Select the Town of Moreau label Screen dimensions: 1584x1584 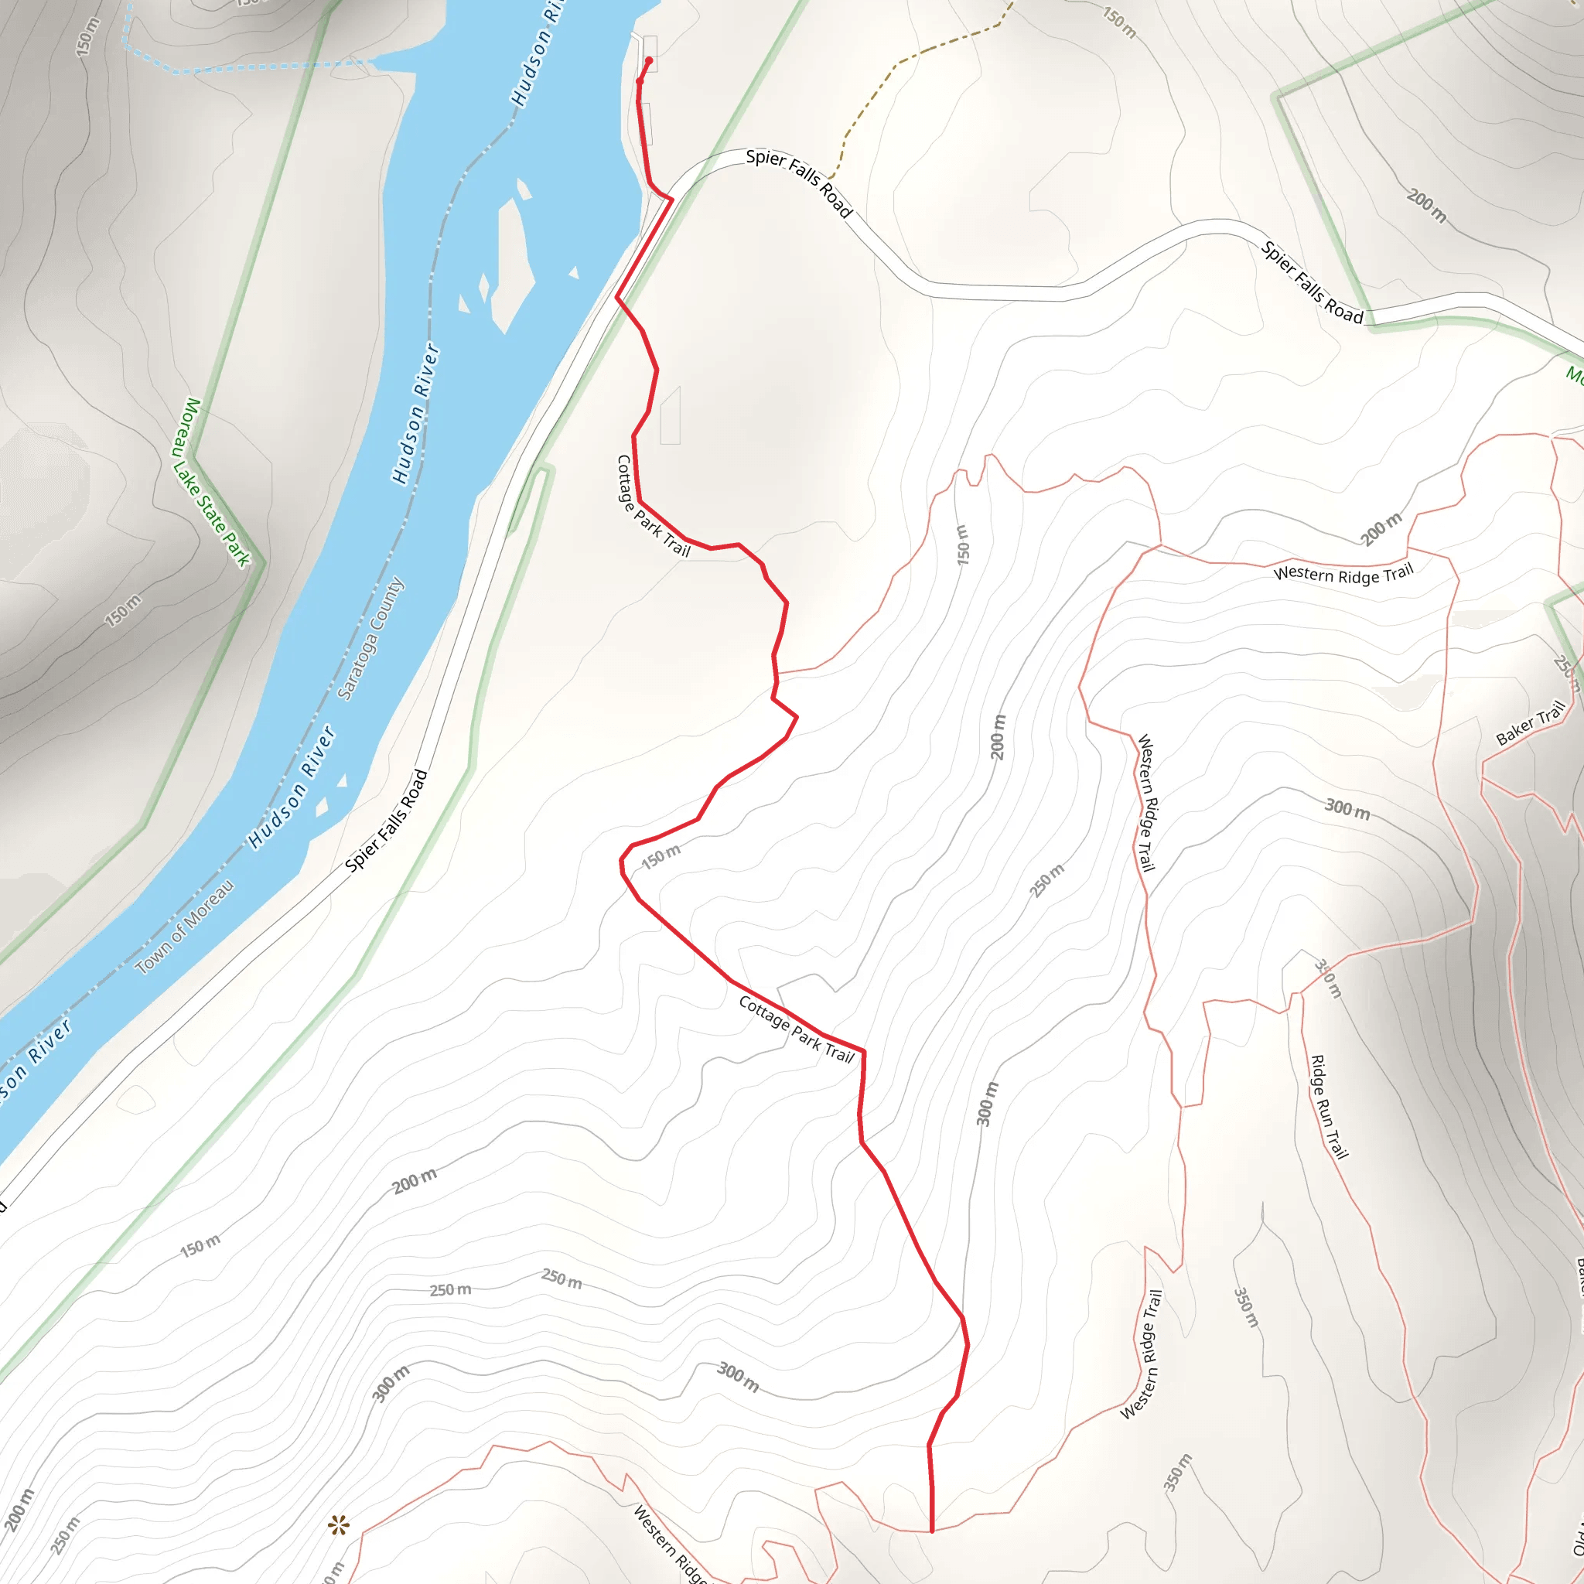click(185, 927)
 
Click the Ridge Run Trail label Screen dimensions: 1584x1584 click(1328, 1107)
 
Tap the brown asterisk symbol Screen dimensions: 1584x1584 click(339, 1526)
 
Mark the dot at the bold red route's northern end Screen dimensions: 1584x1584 click(650, 60)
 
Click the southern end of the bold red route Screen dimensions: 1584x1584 click(932, 1531)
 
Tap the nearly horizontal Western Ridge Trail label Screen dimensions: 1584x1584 click(1343, 574)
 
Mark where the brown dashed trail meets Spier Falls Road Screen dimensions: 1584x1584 click(831, 177)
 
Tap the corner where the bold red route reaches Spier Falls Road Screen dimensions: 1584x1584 click(672, 200)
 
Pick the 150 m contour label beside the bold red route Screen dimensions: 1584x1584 click(661, 857)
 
